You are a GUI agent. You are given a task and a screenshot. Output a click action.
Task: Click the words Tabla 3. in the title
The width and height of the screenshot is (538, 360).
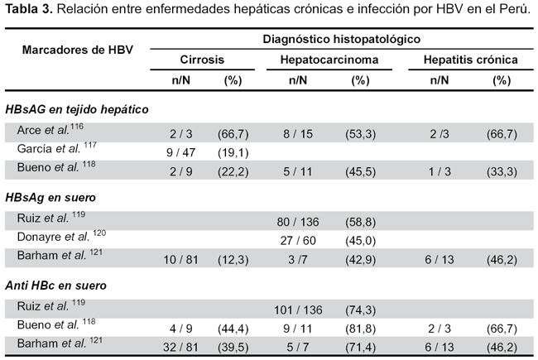(28, 9)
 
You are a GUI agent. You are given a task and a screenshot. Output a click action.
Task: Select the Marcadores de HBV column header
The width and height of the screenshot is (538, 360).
(78, 50)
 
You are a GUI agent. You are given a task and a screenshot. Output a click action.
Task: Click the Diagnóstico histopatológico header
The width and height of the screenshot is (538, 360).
(341, 39)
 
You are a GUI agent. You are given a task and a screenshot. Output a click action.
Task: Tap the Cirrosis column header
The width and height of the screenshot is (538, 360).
(202, 60)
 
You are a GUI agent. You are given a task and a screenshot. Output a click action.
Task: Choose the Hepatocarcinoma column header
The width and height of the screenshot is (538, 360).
(329, 60)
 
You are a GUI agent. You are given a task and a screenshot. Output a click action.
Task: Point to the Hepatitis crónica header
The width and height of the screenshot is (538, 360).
(471, 60)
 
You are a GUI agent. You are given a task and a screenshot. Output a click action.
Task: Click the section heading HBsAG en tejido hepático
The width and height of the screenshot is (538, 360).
(77, 109)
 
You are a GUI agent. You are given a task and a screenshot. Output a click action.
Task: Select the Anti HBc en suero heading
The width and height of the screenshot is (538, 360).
(55, 286)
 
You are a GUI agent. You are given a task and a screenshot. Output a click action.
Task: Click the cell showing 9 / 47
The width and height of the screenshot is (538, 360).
(180, 152)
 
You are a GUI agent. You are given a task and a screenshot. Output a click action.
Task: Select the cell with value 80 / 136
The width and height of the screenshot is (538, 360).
(298, 222)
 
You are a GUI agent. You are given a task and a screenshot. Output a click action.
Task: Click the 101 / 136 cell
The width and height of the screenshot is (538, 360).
(298, 310)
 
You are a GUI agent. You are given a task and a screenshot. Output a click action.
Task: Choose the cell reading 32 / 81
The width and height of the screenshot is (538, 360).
(180, 348)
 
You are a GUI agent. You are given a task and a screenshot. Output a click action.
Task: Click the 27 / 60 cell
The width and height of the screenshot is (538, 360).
(298, 241)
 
